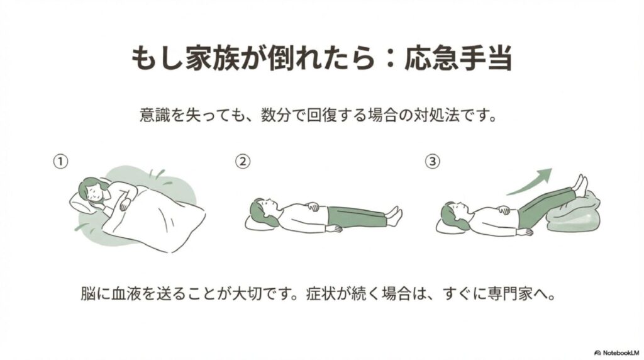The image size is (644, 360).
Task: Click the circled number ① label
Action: (60, 161)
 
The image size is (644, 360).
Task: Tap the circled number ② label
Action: (243, 161)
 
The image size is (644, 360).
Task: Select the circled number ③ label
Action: (432, 161)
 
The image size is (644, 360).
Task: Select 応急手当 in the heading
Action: (458, 57)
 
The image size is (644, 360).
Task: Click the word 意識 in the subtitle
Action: (155, 115)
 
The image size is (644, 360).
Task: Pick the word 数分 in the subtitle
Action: (276, 115)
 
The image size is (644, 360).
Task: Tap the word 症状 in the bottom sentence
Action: (321, 294)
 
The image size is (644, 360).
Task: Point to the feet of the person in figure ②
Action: (394, 215)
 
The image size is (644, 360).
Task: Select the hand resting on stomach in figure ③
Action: (503, 210)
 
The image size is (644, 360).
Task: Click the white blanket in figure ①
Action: (156, 218)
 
